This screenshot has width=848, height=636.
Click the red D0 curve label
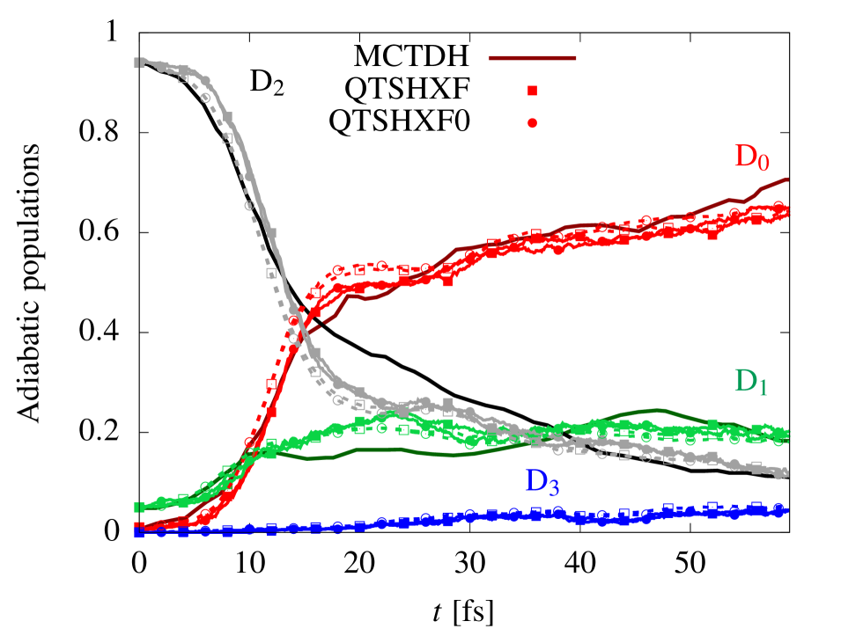pyautogui.click(x=752, y=157)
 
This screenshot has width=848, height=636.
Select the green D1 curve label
pyautogui.click(x=751, y=381)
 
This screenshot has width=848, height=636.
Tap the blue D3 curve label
pyautogui.click(x=542, y=481)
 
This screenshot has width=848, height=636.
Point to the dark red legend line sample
pyautogui.click(x=533, y=58)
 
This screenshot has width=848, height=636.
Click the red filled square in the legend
pyautogui.click(x=533, y=91)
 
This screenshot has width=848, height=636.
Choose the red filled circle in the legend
pyautogui.click(x=533, y=123)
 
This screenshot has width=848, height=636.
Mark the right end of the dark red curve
pyautogui.click(x=787, y=179)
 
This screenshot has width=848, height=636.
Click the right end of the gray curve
pyautogui.click(x=785, y=474)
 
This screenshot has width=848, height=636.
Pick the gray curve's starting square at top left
pyautogui.click(x=138, y=62)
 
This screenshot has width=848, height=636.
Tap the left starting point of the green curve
pyautogui.click(x=138, y=507)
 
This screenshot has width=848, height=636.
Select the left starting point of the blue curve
pyautogui.click(x=138, y=532)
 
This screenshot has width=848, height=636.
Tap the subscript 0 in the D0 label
pyautogui.click(x=765, y=164)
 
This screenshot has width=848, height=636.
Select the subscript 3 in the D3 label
pyautogui.click(x=554, y=487)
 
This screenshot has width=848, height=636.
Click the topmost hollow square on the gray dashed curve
pyautogui.click(x=183, y=78)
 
